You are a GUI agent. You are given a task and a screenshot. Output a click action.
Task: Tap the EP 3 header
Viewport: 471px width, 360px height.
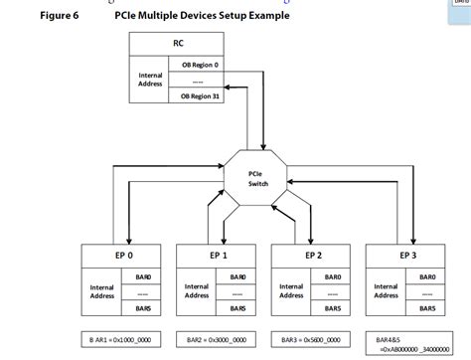tap(408, 254)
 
